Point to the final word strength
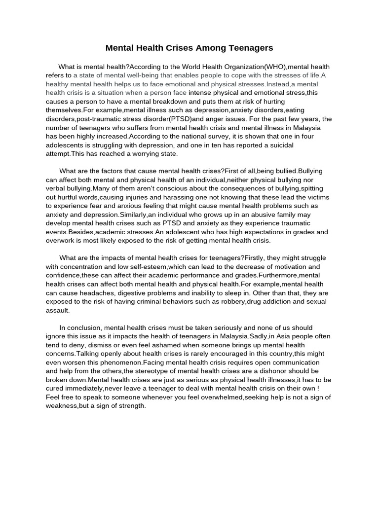click(x=129, y=406)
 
